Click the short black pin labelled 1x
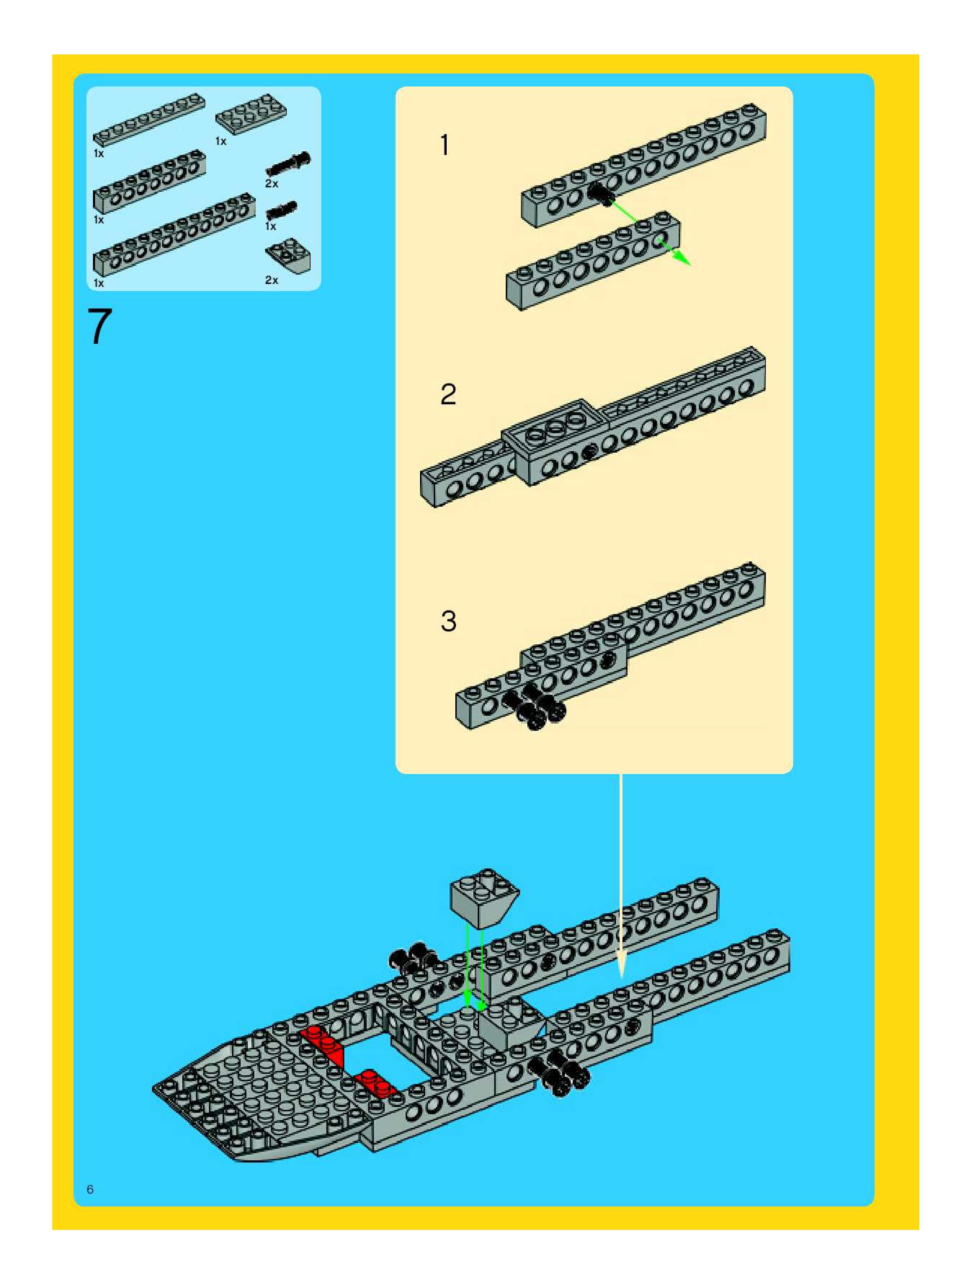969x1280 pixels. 282,209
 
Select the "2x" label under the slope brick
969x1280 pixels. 271,280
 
